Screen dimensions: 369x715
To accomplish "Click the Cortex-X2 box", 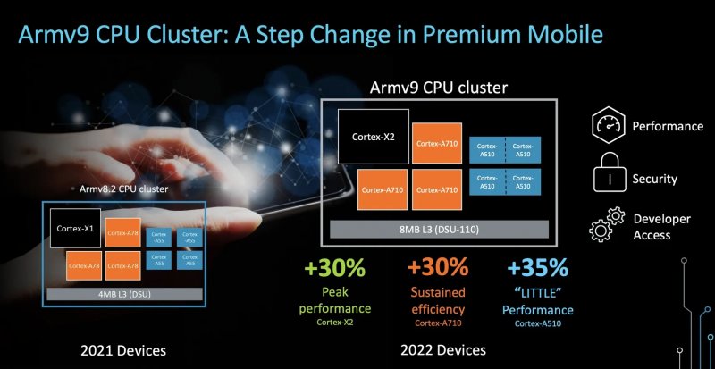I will tap(373, 138).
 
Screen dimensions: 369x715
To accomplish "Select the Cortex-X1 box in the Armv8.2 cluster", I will tap(75, 228).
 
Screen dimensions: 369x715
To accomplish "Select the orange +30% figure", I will tap(438, 267).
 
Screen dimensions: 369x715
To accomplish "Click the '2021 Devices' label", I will tap(124, 349).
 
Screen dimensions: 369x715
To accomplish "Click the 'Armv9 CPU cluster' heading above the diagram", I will tap(439, 88).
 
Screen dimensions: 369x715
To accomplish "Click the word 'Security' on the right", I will tap(654, 178).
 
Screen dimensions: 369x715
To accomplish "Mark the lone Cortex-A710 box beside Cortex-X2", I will tap(436, 142).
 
